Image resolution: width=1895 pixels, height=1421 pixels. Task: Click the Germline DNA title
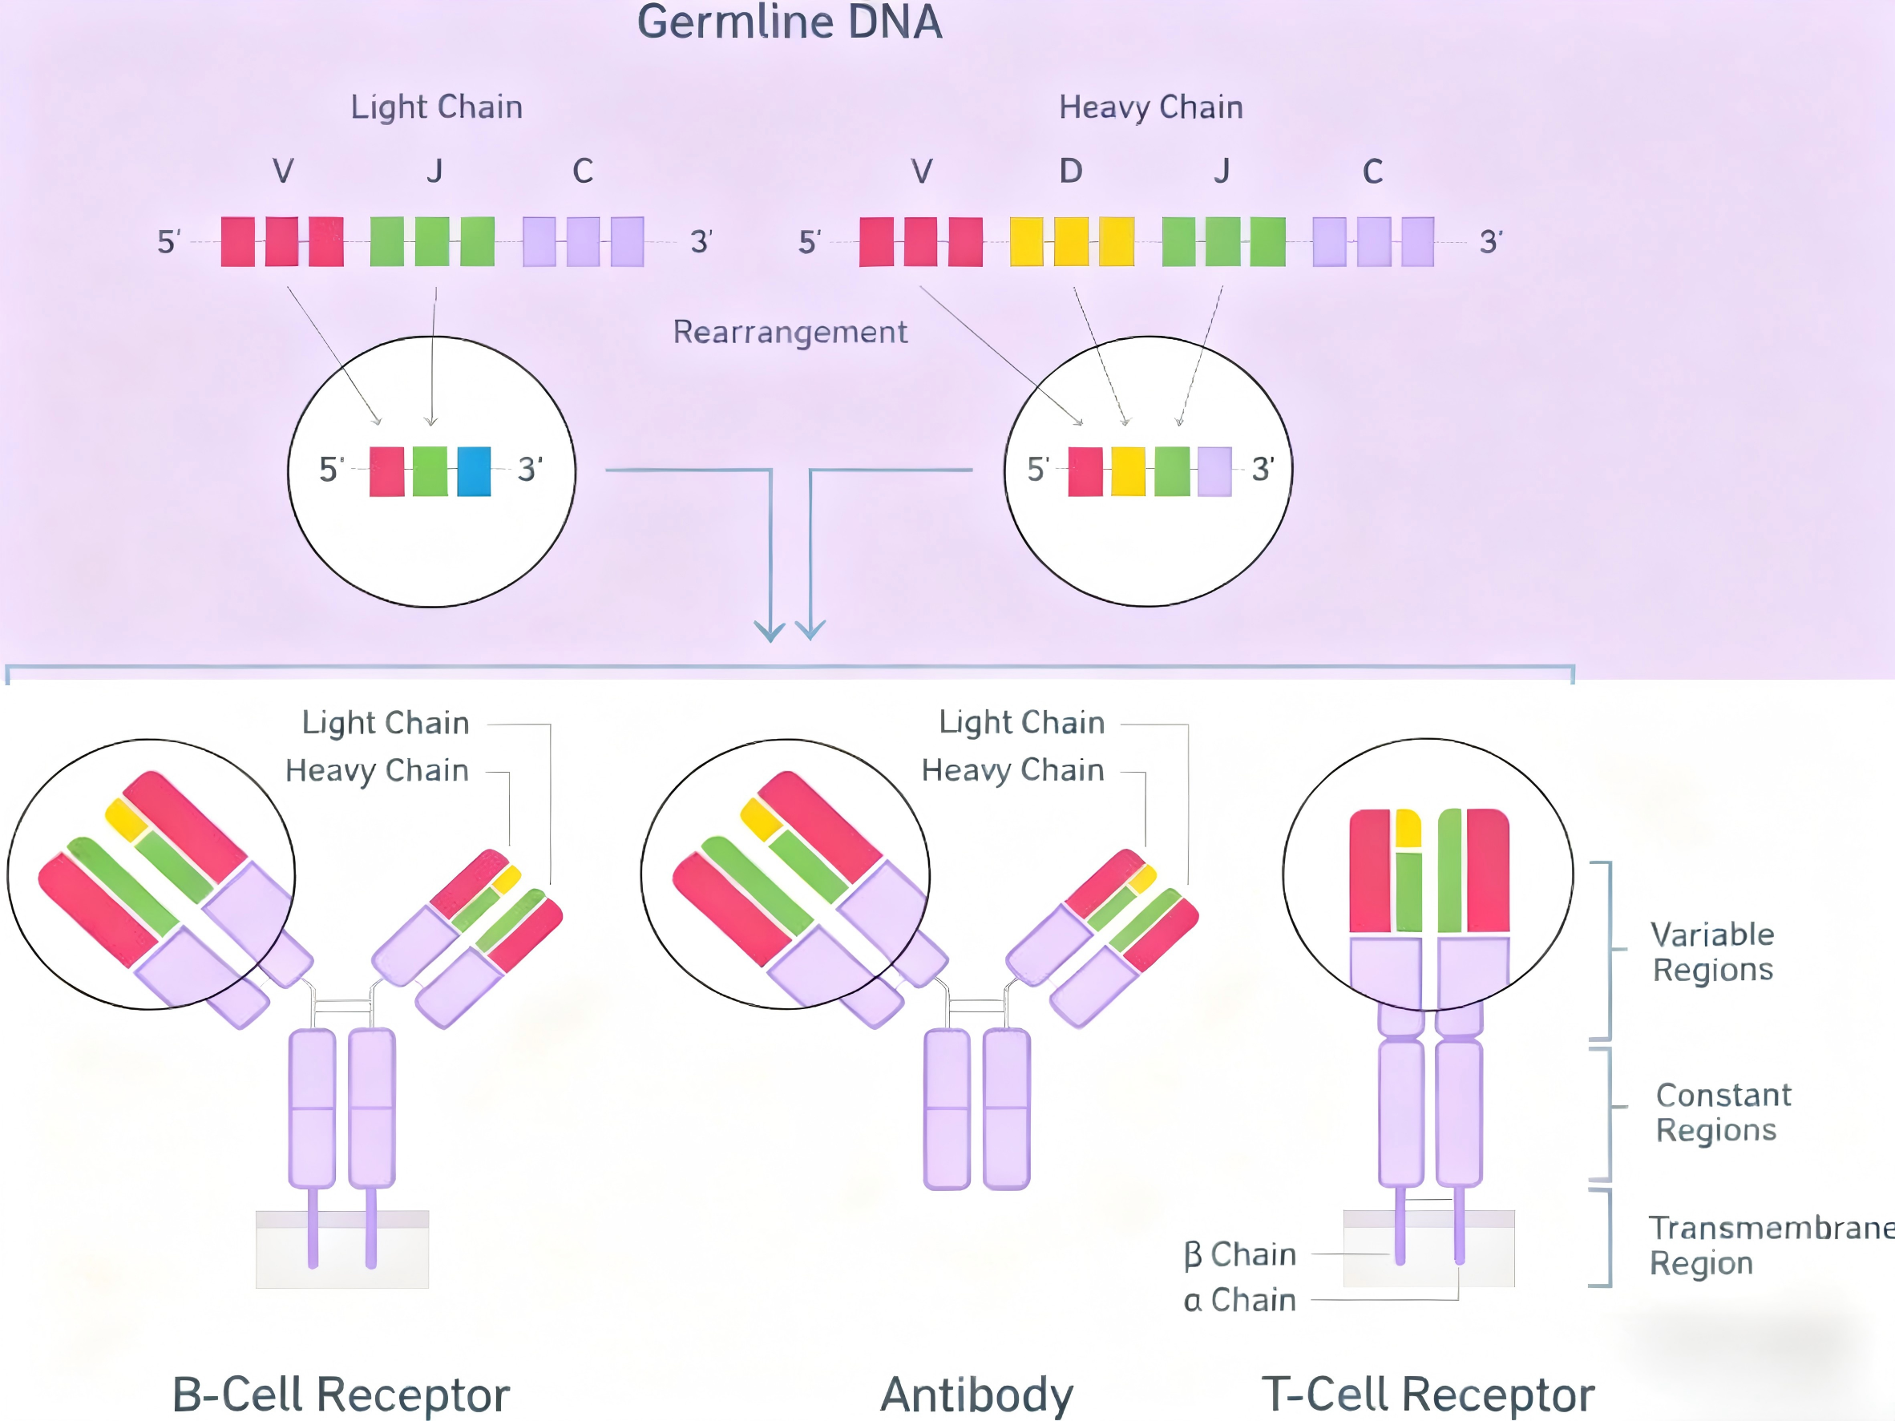(x=789, y=22)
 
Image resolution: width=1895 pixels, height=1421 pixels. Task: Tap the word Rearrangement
(x=789, y=333)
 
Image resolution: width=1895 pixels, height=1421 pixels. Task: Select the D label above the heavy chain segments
(x=1071, y=172)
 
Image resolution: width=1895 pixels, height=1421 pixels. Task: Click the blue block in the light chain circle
(x=474, y=471)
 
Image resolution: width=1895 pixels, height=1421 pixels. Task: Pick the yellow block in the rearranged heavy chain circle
(x=1127, y=471)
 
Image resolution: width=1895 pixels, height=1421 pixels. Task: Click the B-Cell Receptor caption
(x=341, y=1394)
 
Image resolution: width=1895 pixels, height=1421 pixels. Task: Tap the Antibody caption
(x=976, y=1394)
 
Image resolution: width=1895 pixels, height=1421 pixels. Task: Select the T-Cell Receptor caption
(x=1428, y=1394)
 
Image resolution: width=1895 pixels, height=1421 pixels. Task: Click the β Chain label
(x=1239, y=1254)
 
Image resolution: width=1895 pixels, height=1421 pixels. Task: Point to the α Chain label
(x=1239, y=1300)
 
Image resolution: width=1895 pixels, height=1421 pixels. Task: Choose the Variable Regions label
(x=1712, y=951)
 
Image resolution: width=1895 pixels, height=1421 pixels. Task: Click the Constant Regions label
(x=1723, y=1112)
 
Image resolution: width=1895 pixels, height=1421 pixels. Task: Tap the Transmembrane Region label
(x=1765, y=1245)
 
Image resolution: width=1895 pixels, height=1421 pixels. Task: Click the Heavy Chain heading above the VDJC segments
(x=1150, y=108)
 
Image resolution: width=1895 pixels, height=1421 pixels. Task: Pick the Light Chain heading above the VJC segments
(x=436, y=108)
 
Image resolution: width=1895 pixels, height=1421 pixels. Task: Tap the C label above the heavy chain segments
(x=1372, y=172)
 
